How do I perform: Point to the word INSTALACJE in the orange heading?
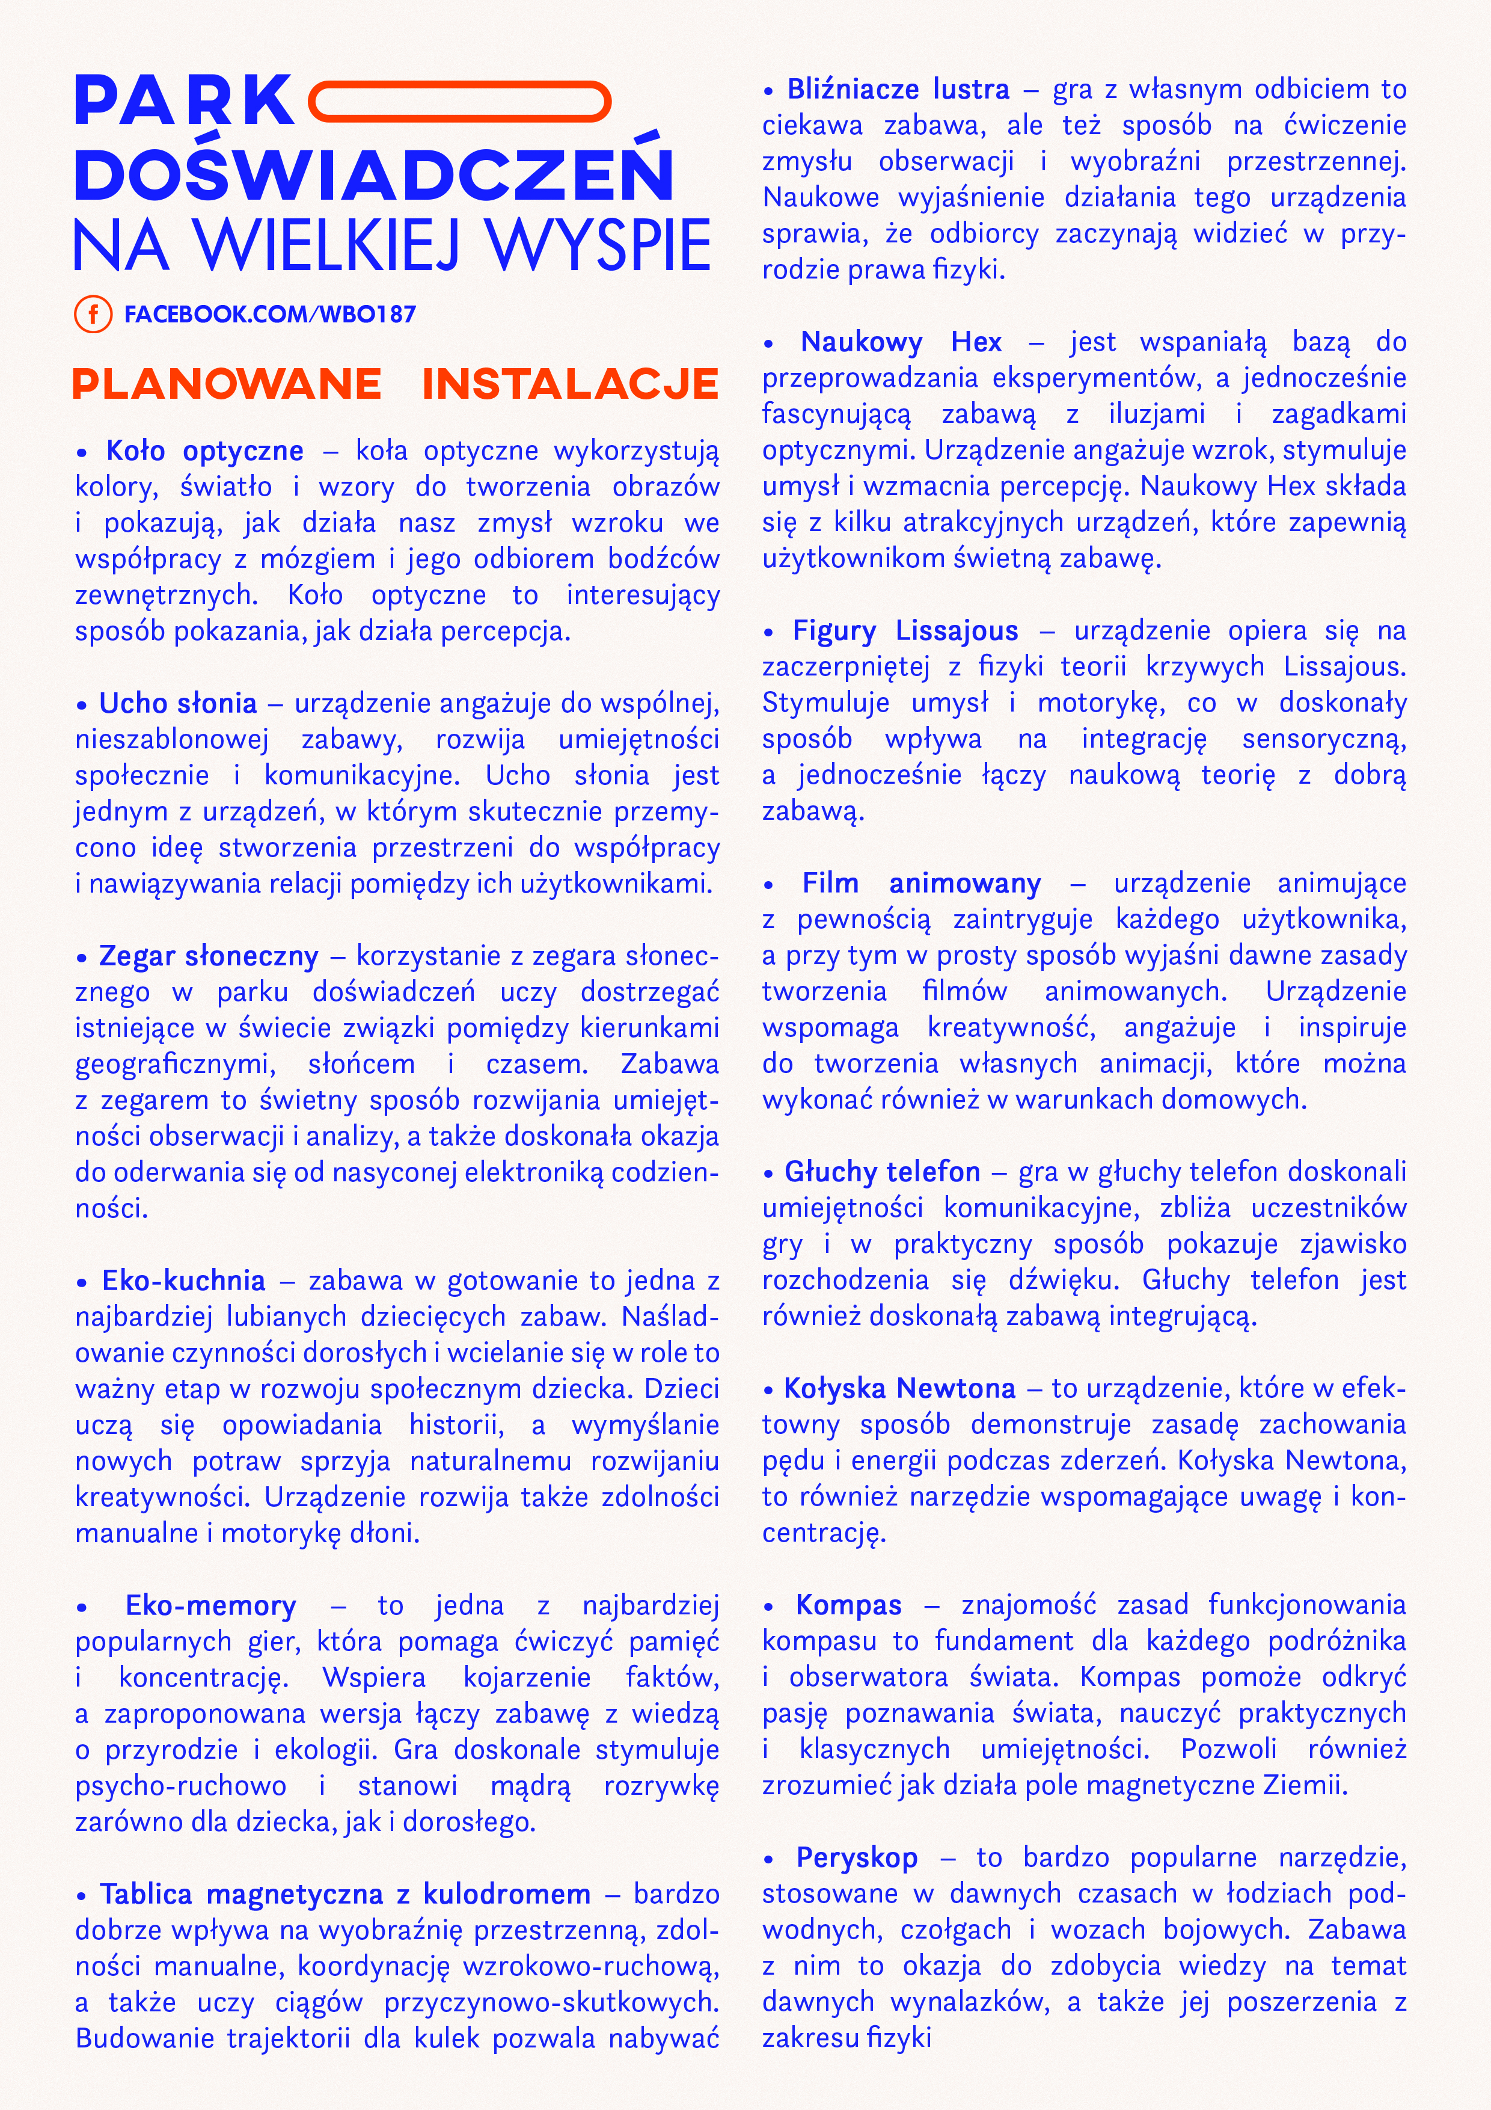[x=569, y=384]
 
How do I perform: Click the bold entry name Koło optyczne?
[x=205, y=451]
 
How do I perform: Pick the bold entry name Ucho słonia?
[x=178, y=703]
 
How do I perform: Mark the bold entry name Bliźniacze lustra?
[x=898, y=89]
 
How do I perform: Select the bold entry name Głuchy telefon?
[x=882, y=1172]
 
